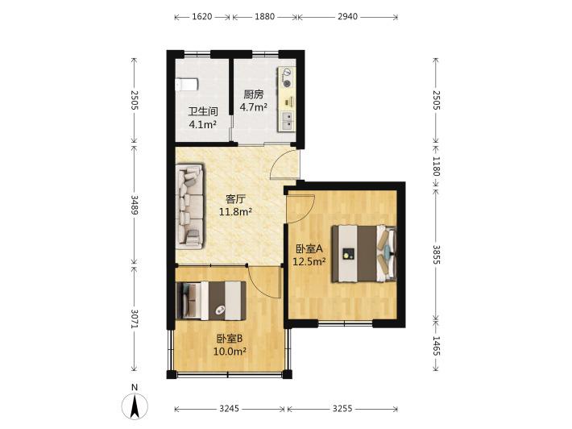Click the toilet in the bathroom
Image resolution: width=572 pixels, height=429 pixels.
187,85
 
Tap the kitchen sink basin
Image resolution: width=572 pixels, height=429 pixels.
288,120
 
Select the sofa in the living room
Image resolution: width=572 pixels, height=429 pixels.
189,206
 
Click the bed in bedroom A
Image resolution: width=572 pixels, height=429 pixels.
363,253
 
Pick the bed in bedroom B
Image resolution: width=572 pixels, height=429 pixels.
210,301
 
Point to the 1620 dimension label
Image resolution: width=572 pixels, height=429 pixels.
201,16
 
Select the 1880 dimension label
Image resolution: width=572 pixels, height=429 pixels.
264,16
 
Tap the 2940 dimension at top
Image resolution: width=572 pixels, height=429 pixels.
347,16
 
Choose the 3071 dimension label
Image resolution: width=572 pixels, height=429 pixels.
135,319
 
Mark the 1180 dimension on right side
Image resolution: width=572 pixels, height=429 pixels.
437,166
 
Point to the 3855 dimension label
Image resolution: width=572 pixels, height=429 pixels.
437,254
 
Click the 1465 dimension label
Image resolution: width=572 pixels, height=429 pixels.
437,345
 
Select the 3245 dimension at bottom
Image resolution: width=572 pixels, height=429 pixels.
230,409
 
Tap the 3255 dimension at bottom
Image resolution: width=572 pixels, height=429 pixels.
342,409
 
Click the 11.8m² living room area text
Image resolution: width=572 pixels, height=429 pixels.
236,212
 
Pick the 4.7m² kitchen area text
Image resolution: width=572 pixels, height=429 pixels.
253,107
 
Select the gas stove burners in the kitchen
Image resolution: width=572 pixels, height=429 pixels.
288,77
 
